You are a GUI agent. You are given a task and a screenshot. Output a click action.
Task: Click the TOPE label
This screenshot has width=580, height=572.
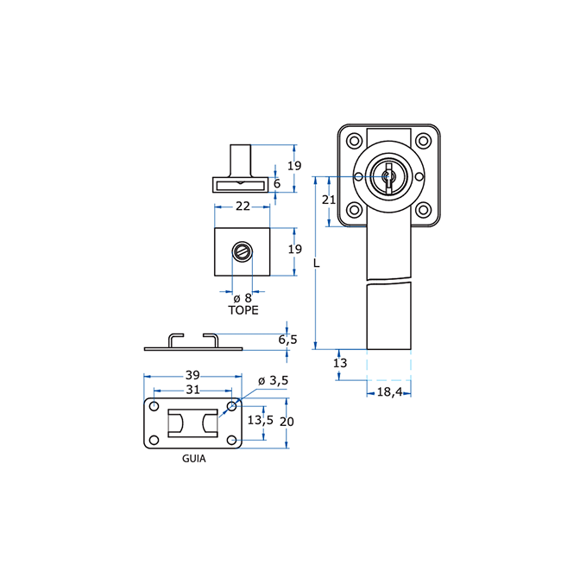(x=243, y=310)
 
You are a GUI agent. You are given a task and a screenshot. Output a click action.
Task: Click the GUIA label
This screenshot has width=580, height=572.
(x=194, y=459)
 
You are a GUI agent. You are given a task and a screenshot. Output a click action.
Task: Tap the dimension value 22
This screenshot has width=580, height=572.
(x=243, y=207)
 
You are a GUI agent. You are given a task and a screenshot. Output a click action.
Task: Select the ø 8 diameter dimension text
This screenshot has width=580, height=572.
(x=243, y=298)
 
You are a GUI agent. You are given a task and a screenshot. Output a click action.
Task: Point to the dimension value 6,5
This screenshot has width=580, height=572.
(x=287, y=340)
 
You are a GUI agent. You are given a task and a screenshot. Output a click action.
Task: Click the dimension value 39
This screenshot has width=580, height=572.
(x=192, y=375)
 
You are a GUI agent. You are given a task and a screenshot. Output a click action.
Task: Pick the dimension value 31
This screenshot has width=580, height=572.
(x=192, y=390)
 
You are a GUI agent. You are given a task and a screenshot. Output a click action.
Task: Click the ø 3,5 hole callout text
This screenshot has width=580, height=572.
(x=273, y=380)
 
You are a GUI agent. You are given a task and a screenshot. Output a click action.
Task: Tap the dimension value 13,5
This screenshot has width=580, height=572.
(x=261, y=420)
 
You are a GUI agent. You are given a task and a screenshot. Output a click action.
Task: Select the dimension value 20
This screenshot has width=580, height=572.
(x=287, y=422)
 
